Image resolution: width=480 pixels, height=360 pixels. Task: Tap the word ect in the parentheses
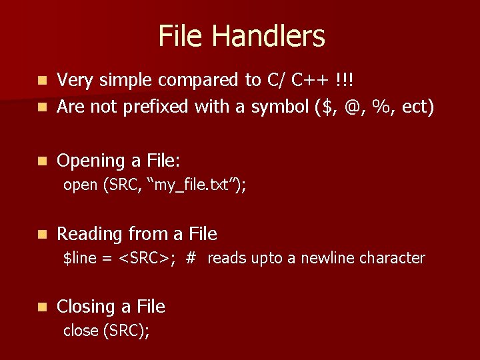(x=417, y=106)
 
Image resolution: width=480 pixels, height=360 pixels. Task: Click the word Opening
(x=91, y=161)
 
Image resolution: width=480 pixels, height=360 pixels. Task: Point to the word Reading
(x=90, y=234)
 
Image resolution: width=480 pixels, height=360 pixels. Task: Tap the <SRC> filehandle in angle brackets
(x=146, y=258)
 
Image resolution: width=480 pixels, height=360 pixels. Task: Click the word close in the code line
(x=80, y=330)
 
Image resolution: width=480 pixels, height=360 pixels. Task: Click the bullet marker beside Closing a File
(x=42, y=307)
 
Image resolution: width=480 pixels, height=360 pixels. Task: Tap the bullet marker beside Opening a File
(x=42, y=161)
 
